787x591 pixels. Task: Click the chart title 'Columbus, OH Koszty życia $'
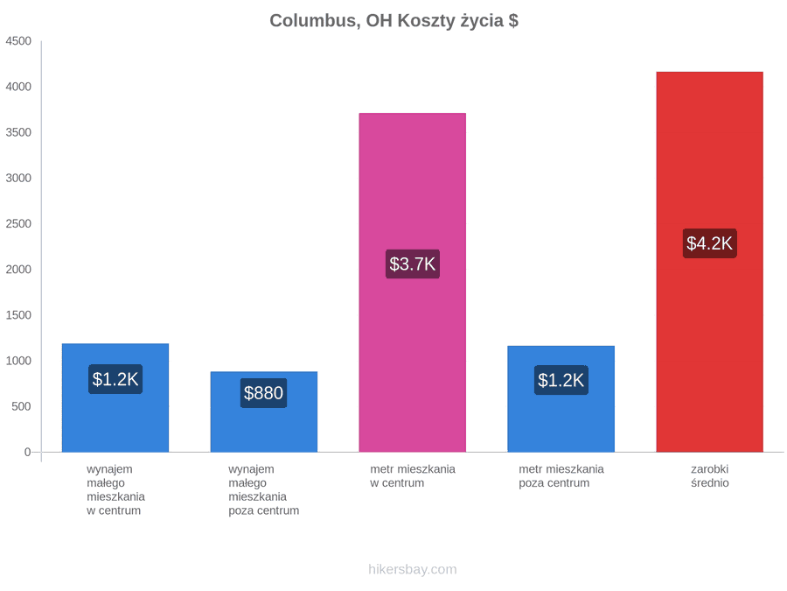click(x=394, y=21)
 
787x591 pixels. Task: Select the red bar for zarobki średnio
click(x=710, y=262)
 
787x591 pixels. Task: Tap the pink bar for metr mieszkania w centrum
click(x=413, y=283)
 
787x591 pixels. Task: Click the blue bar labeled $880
click(x=264, y=412)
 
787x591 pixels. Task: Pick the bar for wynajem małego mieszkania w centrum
click(x=115, y=398)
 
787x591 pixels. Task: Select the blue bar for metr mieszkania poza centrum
click(x=561, y=398)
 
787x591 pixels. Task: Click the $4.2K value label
click(x=710, y=243)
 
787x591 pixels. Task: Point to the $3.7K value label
click(x=413, y=264)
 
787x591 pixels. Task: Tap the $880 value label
click(x=263, y=393)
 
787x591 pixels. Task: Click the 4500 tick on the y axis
click(x=18, y=41)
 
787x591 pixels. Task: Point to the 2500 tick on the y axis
click(x=18, y=223)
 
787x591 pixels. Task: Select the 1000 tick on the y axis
click(x=18, y=361)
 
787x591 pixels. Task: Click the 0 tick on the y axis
click(x=28, y=453)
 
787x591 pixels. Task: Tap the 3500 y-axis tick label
click(x=18, y=132)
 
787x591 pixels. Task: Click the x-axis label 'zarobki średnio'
click(x=710, y=476)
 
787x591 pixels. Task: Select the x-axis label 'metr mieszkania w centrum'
click(x=413, y=476)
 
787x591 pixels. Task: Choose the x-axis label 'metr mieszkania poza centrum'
click(x=561, y=476)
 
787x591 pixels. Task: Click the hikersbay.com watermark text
click(x=413, y=569)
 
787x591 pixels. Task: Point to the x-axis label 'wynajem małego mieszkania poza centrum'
click(x=263, y=490)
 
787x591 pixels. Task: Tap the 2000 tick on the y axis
click(x=18, y=270)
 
